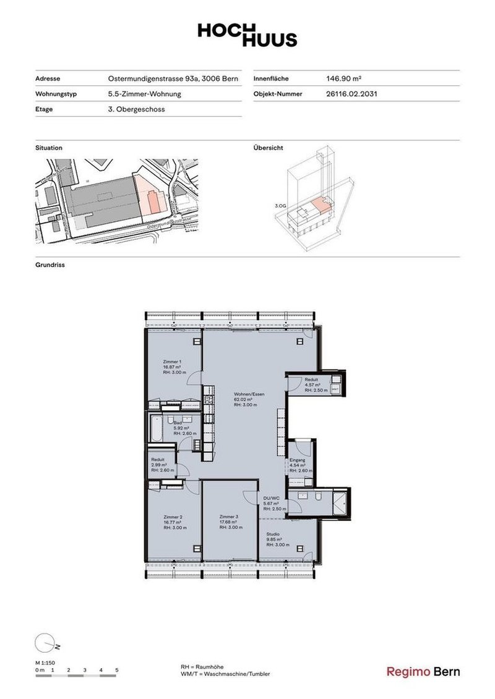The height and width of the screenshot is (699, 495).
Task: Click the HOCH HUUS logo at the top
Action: pos(247,35)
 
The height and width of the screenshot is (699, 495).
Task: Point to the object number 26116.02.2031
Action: pos(351,95)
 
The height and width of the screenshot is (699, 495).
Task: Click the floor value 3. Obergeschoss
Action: pos(136,109)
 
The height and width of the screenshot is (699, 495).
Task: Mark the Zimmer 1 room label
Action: pos(172,362)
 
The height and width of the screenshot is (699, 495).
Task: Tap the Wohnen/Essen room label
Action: pos(246,394)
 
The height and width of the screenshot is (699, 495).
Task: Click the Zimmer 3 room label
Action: pos(229,516)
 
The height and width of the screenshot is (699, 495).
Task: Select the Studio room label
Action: pos(273,533)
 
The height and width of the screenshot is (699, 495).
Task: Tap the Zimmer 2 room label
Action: pos(173,516)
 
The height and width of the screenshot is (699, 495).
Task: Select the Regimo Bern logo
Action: pos(423,672)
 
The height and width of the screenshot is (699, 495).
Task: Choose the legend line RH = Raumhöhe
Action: pos(202,667)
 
